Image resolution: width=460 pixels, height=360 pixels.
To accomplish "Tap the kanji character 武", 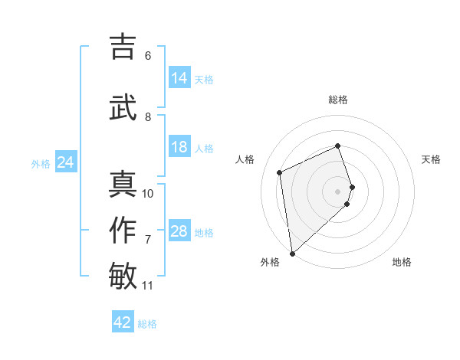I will (123, 106).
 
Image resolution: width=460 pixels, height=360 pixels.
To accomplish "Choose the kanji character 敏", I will (123, 277).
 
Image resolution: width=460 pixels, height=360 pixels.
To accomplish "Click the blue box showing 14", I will (179, 78).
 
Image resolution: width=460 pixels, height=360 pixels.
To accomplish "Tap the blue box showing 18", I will (179, 147).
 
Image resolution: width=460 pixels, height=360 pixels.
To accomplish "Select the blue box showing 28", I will (179, 231).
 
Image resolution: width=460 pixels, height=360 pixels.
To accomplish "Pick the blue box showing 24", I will (66, 162).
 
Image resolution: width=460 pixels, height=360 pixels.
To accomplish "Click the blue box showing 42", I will (123, 322).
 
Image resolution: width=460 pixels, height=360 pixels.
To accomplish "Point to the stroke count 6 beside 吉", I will (147, 56).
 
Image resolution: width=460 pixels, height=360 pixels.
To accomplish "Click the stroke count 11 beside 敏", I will (148, 286).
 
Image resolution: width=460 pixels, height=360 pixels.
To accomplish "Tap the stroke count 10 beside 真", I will (148, 194).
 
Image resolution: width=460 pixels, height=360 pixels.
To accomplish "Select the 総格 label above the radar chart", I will (338, 100).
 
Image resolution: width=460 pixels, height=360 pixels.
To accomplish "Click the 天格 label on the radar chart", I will (432, 159).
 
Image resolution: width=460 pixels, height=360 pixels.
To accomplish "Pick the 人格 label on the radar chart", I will (245, 159).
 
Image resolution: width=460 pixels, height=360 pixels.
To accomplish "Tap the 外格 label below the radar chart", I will (270, 262).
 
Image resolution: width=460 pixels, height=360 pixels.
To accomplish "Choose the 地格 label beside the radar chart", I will (402, 262).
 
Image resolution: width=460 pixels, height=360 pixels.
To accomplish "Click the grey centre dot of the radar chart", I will (338, 191).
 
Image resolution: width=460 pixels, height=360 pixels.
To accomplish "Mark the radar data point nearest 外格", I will (292, 253).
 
